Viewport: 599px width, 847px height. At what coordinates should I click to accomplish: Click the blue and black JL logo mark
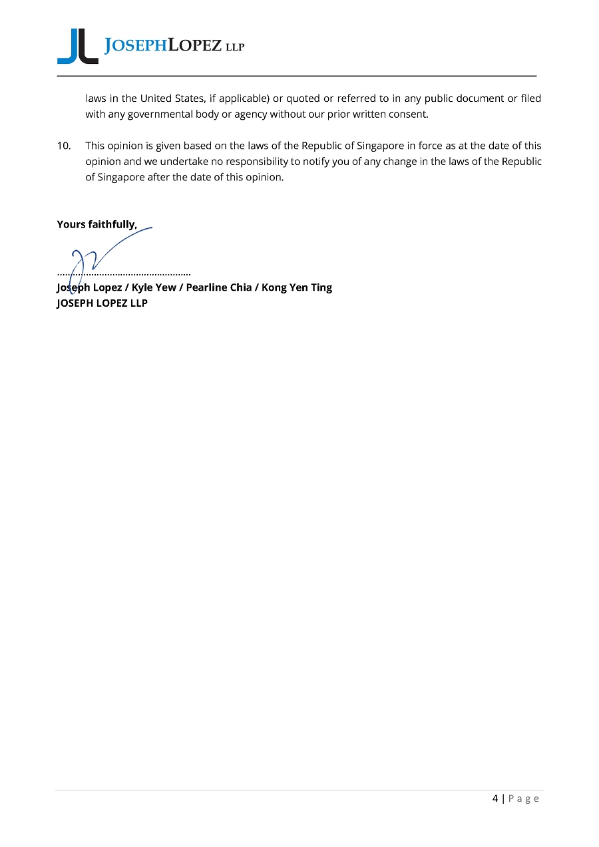(x=77, y=47)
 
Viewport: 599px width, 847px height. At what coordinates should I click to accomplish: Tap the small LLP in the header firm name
(x=234, y=47)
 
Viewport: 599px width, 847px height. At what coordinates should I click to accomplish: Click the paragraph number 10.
(x=64, y=146)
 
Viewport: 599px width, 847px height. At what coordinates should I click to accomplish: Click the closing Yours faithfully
(x=97, y=224)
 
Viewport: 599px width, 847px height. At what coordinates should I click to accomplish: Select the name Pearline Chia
(x=218, y=287)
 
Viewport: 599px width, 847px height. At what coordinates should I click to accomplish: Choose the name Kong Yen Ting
(x=297, y=287)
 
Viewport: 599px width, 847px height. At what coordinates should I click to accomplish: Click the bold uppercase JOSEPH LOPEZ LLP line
(x=102, y=303)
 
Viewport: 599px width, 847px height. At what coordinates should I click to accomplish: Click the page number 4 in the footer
(x=495, y=798)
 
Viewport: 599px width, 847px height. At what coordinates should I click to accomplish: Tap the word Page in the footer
(x=524, y=798)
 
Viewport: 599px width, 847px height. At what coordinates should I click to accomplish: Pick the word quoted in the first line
(x=303, y=98)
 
